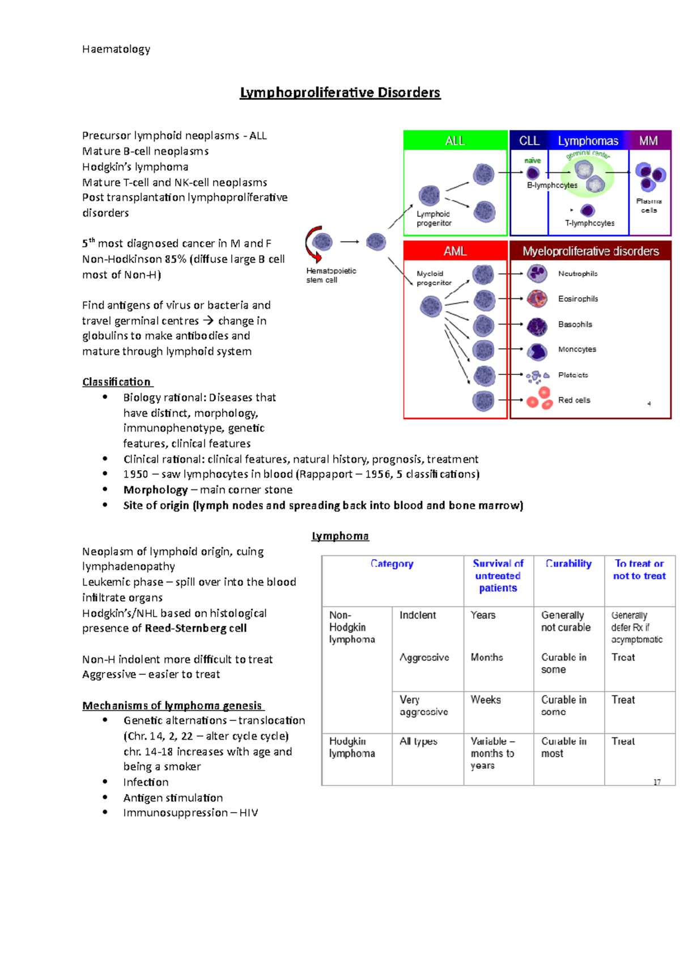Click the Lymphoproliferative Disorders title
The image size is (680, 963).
coord(340,92)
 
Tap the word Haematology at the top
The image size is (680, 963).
coord(116,49)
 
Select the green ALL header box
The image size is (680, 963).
coord(455,141)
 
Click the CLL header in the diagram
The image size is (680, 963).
coord(529,141)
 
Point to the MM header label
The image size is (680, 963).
coord(649,141)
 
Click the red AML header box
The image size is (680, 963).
coord(455,251)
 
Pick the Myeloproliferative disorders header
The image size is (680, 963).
coord(590,251)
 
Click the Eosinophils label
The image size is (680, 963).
coord(578,299)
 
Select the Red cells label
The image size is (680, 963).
coord(574,400)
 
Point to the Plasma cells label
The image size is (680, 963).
coord(649,205)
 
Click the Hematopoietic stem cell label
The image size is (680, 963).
coord(331,275)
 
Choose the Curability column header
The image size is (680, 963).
coord(568,564)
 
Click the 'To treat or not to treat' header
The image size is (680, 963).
coord(639,569)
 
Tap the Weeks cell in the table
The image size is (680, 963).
coord(486,700)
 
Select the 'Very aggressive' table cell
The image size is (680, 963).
coord(424,706)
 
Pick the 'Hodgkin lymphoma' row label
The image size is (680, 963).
coord(352,747)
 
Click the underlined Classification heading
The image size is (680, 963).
coord(117,382)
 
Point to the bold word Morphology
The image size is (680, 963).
coord(155,490)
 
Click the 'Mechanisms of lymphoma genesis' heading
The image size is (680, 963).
coord(172,706)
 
